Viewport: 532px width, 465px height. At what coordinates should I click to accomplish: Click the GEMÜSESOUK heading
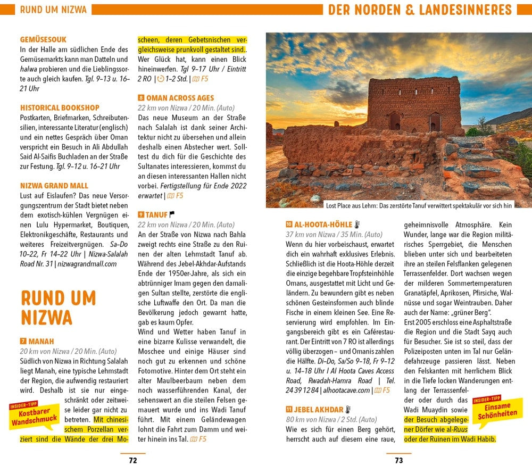click(x=43, y=39)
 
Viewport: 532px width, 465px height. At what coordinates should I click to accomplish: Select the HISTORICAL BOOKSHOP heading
click(x=60, y=107)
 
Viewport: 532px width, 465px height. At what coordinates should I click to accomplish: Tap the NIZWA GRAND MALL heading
click(x=54, y=186)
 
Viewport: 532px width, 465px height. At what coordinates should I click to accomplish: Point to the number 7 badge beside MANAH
click(x=23, y=341)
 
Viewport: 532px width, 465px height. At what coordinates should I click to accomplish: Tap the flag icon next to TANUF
click(x=172, y=215)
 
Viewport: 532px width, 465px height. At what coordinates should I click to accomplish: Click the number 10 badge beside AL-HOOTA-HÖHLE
click(x=289, y=225)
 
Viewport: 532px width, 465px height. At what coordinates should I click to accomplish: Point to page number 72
click(x=133, y=460)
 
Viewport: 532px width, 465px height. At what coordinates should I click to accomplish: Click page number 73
click(x=398, y=460)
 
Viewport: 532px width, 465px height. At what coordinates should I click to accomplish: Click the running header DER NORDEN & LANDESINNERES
click(x=420, y=10)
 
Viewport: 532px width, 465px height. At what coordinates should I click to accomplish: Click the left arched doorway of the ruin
click(x=394, y=121)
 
